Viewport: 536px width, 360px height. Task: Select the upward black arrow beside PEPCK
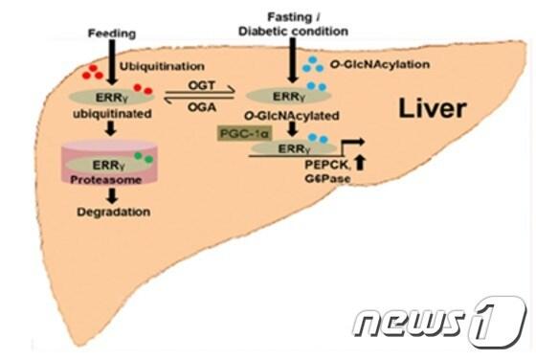tap(333, 169)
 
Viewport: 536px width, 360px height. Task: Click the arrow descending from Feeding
tap(112, 67)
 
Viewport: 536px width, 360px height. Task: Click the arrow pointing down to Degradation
tap(112, 191)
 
